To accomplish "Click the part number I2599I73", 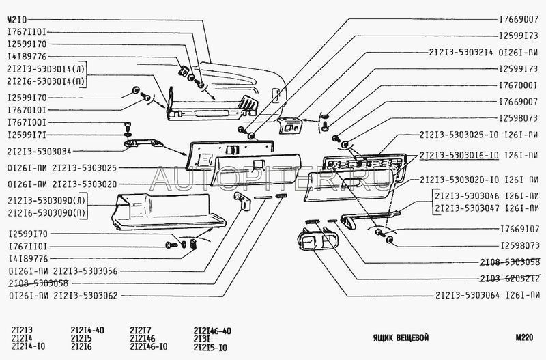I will [519, 36].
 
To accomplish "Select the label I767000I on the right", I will [519, 86].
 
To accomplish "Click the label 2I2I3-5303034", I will [41, 150].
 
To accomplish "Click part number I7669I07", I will [519, 230].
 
